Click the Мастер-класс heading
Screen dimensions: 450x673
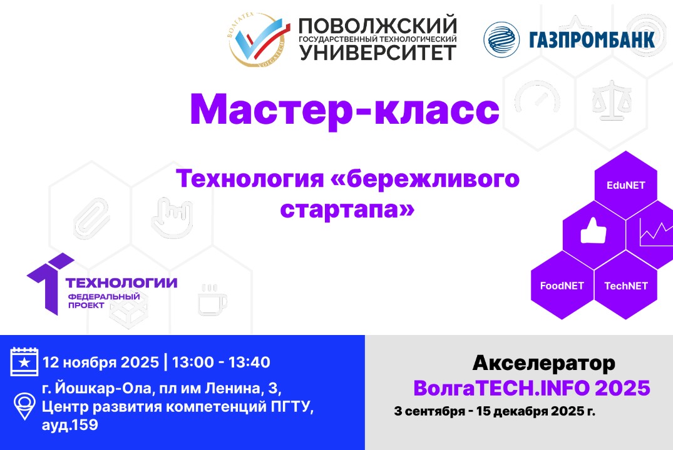344,110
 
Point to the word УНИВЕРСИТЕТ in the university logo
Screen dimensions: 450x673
378,53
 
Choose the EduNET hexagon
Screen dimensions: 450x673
625,185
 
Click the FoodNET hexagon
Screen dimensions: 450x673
562,286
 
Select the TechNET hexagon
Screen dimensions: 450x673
625,286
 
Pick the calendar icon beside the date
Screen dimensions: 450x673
24,362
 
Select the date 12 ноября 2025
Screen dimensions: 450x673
100,362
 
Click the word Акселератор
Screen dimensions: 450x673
543,363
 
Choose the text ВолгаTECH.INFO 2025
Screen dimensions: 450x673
532,388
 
